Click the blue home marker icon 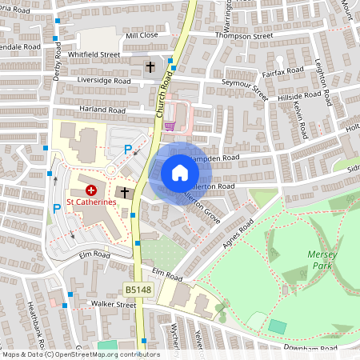pos(179,173)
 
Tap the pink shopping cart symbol pos(170,125)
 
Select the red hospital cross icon pos(91,190)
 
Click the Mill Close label pos(142,36)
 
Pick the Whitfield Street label pos(94,54)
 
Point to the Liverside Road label pos(104,81)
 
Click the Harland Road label pos(102,109)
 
